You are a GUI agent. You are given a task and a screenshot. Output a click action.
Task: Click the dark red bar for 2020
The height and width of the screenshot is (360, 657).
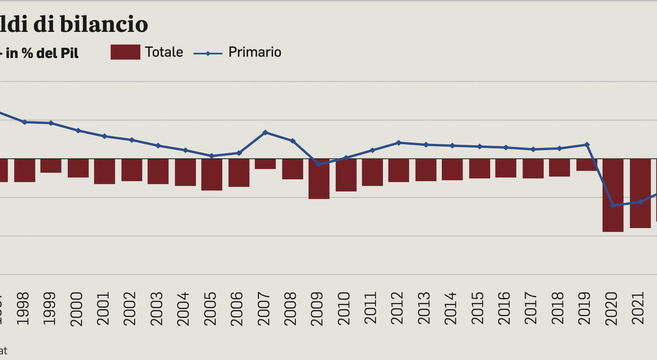(x=613, y=195)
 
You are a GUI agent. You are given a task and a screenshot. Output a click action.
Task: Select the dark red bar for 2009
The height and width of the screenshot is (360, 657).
(x=319, y=178)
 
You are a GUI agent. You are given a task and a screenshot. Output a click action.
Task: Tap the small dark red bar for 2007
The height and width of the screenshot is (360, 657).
(x=265, y=164)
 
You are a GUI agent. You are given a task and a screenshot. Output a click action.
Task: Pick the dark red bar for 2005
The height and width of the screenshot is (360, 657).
(x=211, y=174)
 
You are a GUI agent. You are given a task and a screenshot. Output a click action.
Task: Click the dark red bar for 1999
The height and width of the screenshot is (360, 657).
(x=51, y=165)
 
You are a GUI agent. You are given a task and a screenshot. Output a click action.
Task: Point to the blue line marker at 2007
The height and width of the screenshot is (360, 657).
(x=265, y=132)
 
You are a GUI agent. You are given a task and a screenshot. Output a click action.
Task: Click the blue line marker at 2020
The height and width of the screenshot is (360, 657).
(x=613, y=205)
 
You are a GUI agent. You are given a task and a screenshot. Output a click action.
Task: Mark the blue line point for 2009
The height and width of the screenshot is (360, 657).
(x=319, y=164)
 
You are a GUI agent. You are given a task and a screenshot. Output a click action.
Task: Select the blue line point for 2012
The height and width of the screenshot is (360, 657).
(x=399, y=142)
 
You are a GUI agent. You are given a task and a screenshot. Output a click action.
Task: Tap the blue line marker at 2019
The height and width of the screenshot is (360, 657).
(x=587, y=145)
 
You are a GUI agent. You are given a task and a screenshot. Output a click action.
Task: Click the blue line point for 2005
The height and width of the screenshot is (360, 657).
(x=211, y=156)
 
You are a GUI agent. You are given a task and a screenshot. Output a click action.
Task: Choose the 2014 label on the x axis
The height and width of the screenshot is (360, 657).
(x=451, y=309)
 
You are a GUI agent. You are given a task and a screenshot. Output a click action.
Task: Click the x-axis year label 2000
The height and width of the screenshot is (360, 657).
(x=76, y=309)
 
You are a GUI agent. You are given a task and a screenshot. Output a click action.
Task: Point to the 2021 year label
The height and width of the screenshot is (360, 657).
(x=638, y=309)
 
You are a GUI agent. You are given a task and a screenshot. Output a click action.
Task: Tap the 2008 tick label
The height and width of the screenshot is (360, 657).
(x=290, y=309)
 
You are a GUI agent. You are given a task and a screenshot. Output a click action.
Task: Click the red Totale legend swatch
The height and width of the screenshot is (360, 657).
(x=125, y=52)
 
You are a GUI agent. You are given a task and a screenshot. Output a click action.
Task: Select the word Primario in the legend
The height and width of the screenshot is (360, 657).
(x=255, y=52)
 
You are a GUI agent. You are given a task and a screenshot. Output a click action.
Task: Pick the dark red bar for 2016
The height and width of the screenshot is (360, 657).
(x=506, y=168)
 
